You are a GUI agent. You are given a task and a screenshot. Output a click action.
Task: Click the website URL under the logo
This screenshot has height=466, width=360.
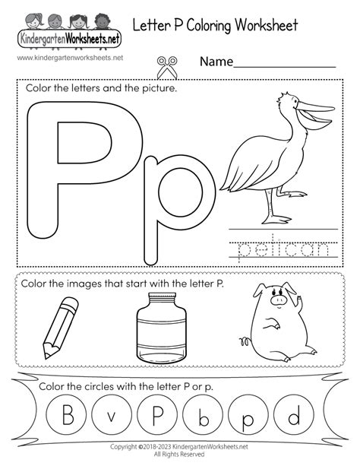pyautogui.click(x=58, y=58)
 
